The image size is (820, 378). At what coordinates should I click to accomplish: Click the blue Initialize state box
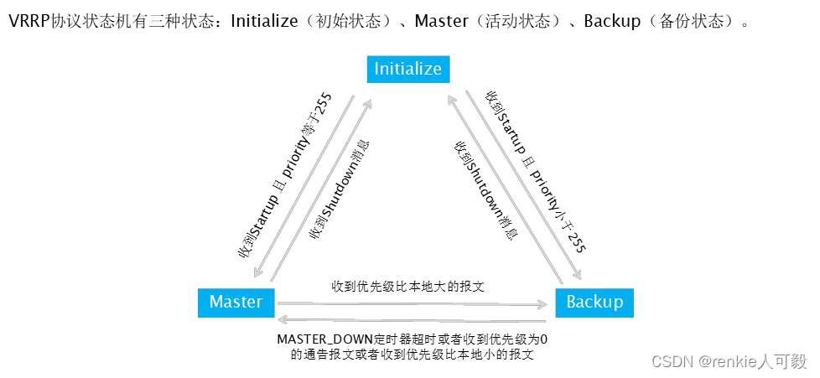(408, 69)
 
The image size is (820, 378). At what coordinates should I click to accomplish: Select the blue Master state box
(236, 302)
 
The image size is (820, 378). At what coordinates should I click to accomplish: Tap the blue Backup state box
(594, 302)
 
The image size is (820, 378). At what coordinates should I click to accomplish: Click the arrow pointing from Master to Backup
(411, 304)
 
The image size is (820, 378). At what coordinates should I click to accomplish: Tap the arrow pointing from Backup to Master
(411, 319)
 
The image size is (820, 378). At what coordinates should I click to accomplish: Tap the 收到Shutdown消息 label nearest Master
(340, 189)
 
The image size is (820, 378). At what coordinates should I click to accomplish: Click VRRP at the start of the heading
(27, 21)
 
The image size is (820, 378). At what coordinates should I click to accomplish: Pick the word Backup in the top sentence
(612, 21)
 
